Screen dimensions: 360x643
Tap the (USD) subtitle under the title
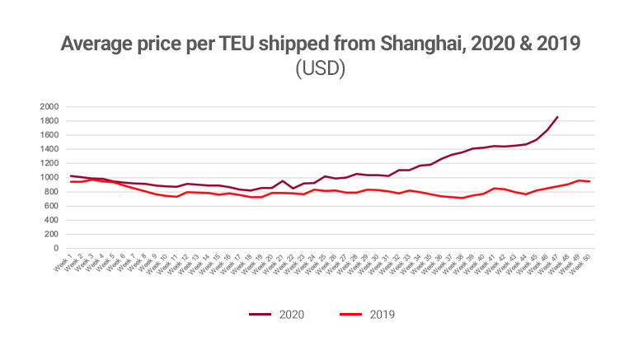321,69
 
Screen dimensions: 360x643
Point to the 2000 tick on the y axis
49,107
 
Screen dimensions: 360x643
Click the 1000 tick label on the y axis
49,178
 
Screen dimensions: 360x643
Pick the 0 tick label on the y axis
56,249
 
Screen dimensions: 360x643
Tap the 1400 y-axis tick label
49,149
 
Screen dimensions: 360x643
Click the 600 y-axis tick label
52,206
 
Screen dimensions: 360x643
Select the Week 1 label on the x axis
65,265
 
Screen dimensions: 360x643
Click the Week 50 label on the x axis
582,267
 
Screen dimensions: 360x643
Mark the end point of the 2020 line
558,117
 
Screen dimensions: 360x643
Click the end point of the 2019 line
589,181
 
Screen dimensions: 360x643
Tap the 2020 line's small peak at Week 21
282,180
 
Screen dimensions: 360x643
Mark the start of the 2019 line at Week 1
71,181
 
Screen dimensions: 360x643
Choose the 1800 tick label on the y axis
49,121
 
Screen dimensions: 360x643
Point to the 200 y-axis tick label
52,235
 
